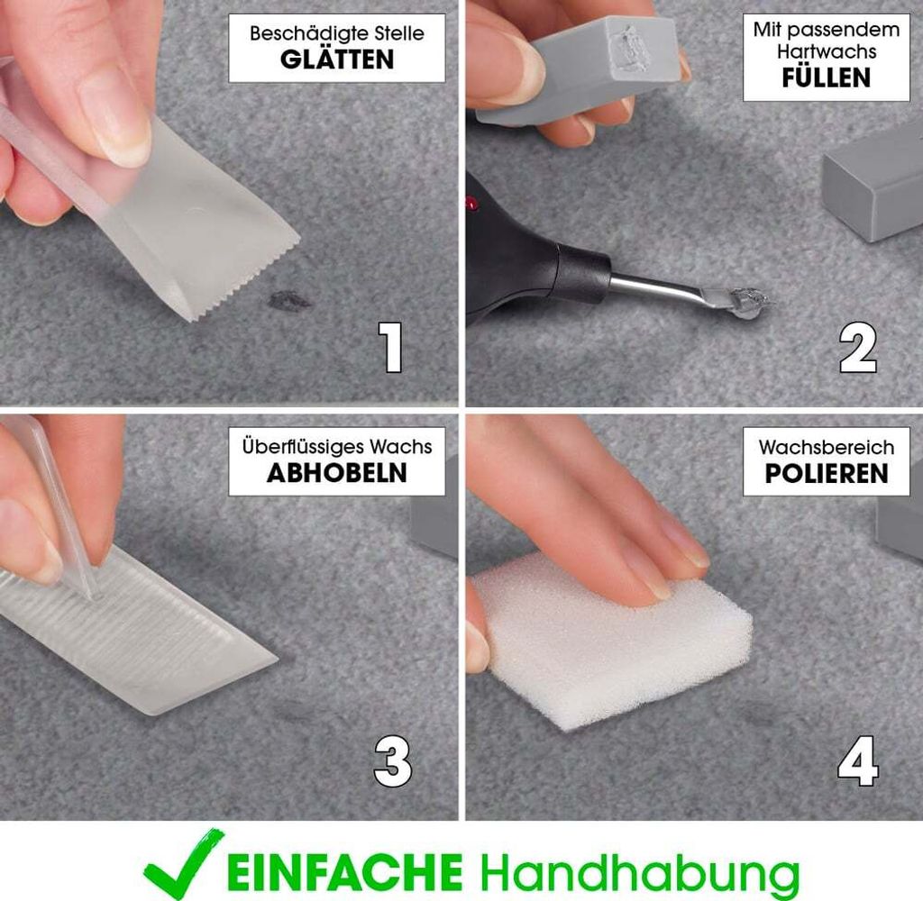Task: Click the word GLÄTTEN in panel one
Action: pos(336,60)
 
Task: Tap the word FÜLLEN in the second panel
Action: pos(826,77)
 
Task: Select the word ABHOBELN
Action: pos(336,473)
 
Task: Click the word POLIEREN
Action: pos(826,473)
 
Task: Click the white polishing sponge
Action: pos(613,640)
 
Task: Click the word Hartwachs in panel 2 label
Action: pos(826,52)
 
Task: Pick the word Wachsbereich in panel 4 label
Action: pos(826,447)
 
